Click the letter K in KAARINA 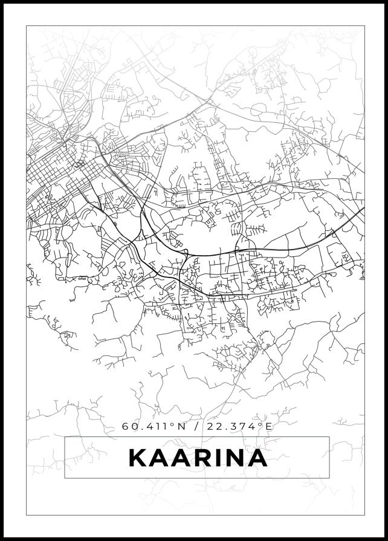coord(138,458)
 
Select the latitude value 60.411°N coord(154,426)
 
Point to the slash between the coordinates coord(196,426)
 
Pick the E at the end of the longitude coord(270,426)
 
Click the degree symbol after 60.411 coord(173,424)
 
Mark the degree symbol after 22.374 coord(261,424)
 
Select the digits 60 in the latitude coord(128,426)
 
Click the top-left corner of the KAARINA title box coord(65,437)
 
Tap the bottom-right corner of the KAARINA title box coord(329,478)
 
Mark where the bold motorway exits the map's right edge coord(364,209)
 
